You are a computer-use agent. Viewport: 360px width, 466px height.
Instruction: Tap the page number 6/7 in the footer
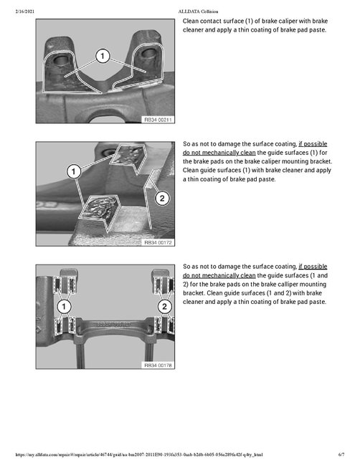[341, 455]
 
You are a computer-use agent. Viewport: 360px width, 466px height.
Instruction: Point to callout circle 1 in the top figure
[103, 55]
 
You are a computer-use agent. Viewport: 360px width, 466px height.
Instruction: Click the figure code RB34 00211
[158, 118]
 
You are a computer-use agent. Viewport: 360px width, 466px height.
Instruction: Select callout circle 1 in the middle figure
[72, 171]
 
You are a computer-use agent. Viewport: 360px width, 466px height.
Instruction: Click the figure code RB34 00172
[158, 242]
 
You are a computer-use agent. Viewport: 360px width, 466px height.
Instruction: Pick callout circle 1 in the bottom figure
[65, 307]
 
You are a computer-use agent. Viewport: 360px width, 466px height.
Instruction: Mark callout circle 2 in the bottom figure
[164, 307]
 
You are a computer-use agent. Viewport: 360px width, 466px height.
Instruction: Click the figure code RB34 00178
[158, 364]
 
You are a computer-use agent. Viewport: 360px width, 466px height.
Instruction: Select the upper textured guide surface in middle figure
[130, 156]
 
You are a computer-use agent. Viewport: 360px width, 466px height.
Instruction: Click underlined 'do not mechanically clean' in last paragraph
[219, 275]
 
